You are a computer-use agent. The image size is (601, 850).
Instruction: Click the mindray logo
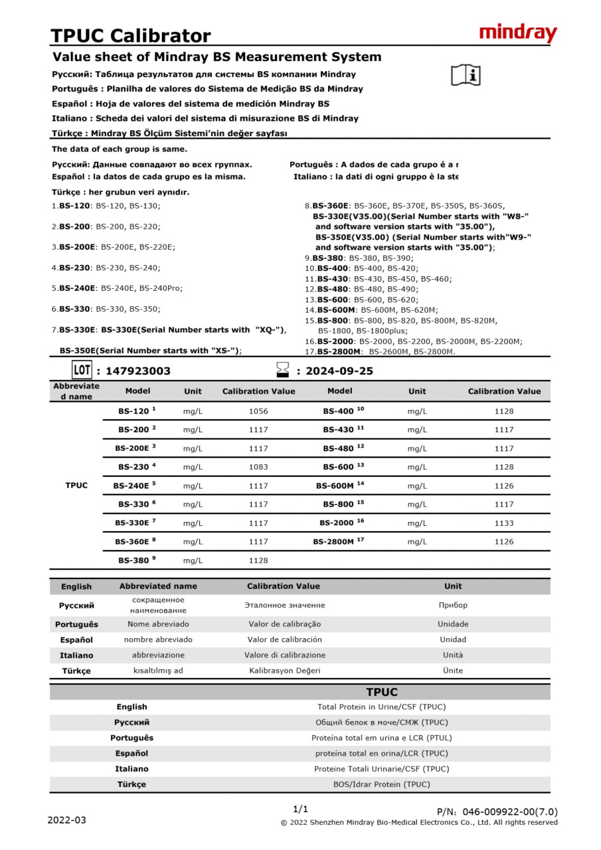518,33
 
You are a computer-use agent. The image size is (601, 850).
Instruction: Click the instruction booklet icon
465,76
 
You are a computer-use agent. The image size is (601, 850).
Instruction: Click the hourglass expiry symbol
283,370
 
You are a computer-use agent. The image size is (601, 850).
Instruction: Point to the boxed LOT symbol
81,370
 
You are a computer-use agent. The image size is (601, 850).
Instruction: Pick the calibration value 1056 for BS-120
258,412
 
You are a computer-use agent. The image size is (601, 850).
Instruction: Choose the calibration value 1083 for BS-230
258,467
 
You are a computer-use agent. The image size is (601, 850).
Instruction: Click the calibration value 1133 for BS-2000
504,523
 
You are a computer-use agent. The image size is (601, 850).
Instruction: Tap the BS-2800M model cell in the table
339,542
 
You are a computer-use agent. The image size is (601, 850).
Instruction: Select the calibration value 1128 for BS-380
258,560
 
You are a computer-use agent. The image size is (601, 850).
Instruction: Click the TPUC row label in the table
76,485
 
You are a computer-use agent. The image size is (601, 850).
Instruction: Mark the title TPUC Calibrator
131,35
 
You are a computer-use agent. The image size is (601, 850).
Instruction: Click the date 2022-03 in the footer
66,820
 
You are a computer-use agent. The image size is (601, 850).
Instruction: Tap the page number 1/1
301,809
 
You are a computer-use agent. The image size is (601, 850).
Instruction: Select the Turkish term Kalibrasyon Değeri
284,671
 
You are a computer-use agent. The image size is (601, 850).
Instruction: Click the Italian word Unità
453,655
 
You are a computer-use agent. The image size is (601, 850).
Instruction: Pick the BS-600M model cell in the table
339,486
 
